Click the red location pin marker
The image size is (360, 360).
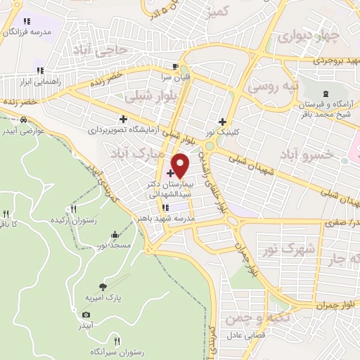coord(181,166)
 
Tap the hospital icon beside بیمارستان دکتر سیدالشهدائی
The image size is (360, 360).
coord(169,172)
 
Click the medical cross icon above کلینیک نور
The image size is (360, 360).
coord(223,121)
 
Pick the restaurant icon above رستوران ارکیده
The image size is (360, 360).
coord(73,209)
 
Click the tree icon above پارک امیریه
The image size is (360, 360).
coord(104,286)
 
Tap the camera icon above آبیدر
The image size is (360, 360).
coord(86,314)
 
